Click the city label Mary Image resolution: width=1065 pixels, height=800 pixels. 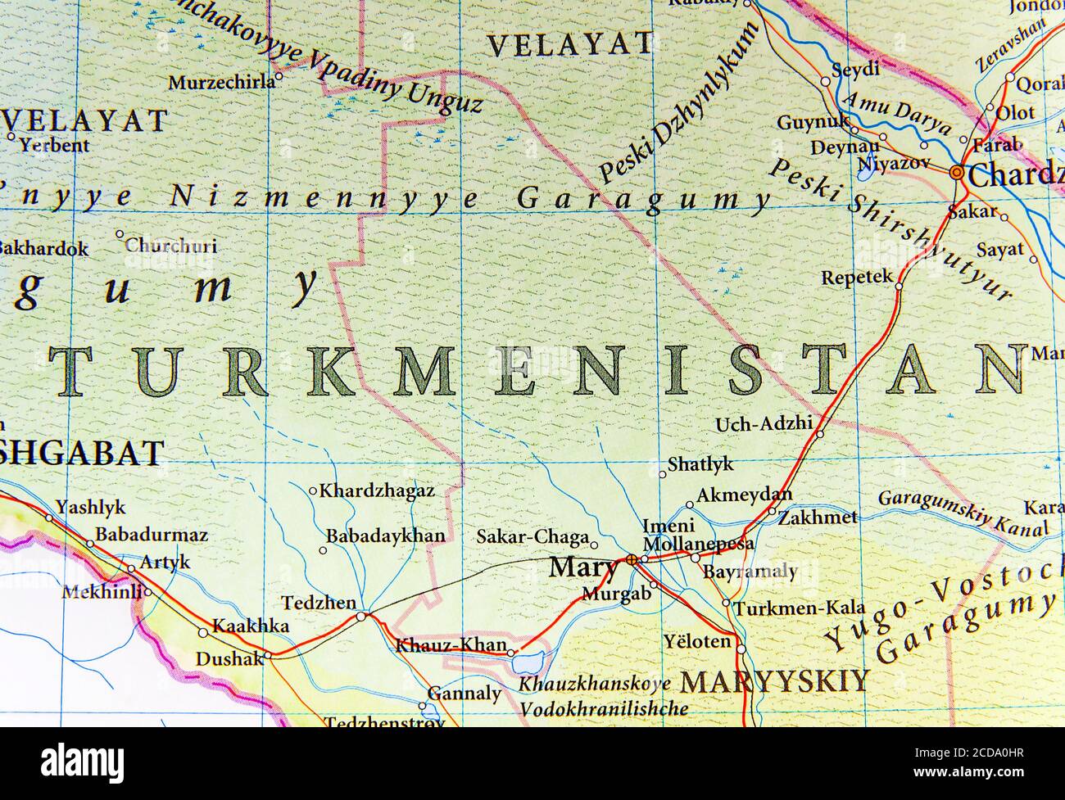coord(583,567)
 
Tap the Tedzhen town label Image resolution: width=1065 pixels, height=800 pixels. coord(319,603)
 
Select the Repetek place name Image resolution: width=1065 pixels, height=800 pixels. coord(857,278)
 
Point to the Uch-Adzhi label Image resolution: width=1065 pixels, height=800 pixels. coord(764,424)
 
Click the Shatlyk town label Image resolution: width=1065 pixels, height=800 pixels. coord(700,464)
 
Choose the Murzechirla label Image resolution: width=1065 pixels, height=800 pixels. coord(220,83)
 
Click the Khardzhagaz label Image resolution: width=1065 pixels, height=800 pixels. coord(376,491)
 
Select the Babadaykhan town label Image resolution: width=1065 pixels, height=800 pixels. coord(385,536)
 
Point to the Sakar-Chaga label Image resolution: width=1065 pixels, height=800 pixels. coord(532,537)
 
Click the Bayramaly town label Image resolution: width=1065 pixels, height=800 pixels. coord(750,572)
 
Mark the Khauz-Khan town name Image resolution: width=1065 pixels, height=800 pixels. coord(451,645)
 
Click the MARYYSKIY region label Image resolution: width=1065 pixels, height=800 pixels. coord(774,681)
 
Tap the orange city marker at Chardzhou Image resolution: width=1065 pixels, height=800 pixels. coord(956,173)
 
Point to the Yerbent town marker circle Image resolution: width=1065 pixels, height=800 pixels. coord(11,137)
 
